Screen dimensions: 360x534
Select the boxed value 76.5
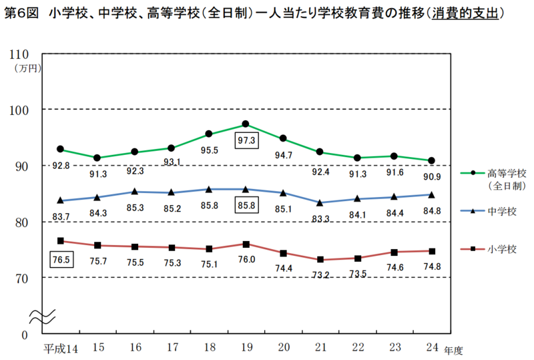tap(61, 260)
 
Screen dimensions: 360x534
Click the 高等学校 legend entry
tap(507, 172)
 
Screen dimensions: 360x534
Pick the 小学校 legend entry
tap(502, 249)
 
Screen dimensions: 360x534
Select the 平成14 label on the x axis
tap(61, 348)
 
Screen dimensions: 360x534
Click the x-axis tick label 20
tap(283, 348)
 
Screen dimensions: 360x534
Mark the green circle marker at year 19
tap(246, 124)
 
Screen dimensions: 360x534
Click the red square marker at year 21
tap(320, 259)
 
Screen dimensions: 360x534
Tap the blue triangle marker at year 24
tap(431, 195)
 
